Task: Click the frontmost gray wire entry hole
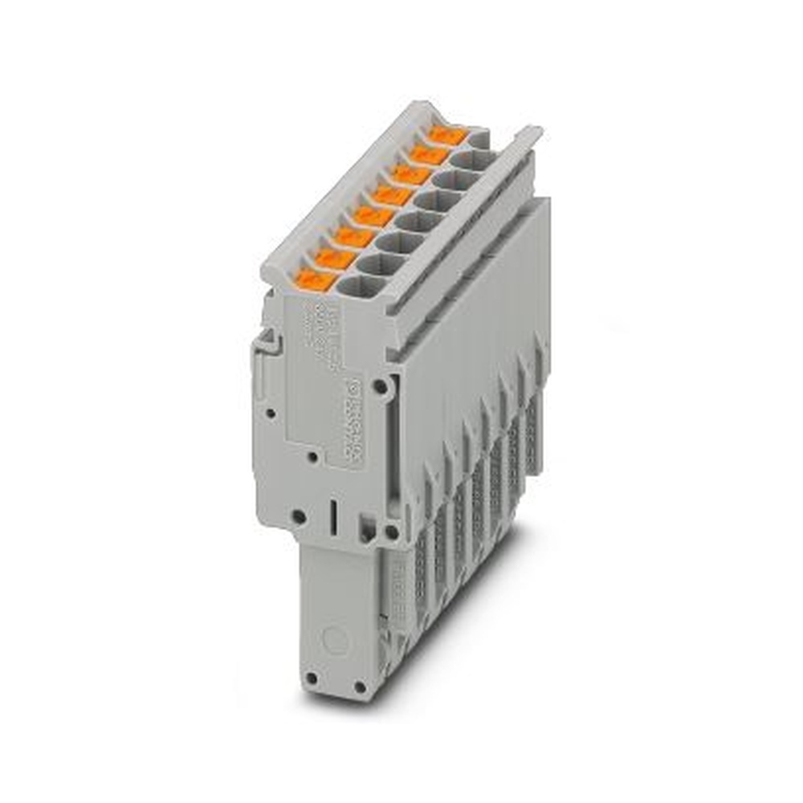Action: point(359,285)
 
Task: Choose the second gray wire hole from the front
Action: point(377,263)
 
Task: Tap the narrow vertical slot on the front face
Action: point(331,515)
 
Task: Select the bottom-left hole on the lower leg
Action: point(312,679)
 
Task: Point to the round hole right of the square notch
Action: point(392,531)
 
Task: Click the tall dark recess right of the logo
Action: point(393,450)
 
